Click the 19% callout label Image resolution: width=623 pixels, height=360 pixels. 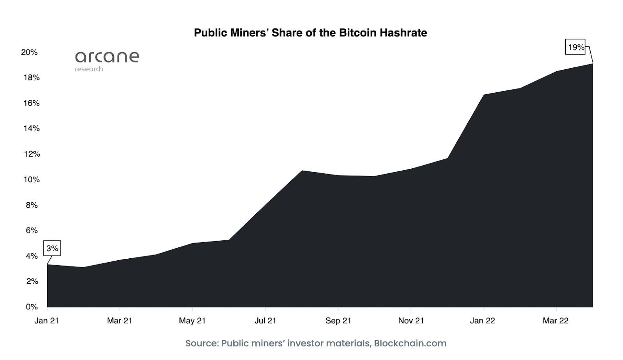tap(576, 48)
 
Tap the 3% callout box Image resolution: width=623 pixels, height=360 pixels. tap(52, 248)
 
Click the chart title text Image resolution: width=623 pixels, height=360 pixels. tap(310, 33)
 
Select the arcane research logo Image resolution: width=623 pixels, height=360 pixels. tap(107, 60)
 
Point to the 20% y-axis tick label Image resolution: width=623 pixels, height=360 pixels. tap(29, 52)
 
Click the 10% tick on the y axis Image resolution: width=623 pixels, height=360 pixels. tap(32, 180)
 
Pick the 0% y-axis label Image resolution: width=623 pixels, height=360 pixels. tap(32, 307)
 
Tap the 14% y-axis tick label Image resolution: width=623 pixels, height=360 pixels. tap(32, 129)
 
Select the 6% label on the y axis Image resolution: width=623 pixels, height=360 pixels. tap(32, 231)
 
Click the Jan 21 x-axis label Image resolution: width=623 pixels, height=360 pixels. tap(46, 321)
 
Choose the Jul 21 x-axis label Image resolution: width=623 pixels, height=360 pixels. tap(265, 321)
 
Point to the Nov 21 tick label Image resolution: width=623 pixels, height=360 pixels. tap(411, 321)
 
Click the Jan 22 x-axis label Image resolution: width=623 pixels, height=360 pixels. tap(482, 321)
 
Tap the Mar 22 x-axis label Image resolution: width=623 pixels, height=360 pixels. tap(556, 321)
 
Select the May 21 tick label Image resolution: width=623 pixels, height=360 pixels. tap(192, 321)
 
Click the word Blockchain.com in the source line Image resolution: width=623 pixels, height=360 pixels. tap(410, 343)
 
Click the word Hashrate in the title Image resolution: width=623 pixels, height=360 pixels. tap(403, 33)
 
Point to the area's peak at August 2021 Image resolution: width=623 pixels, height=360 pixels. tap(302, 171)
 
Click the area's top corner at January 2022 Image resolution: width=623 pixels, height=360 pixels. tap(484, 95)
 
